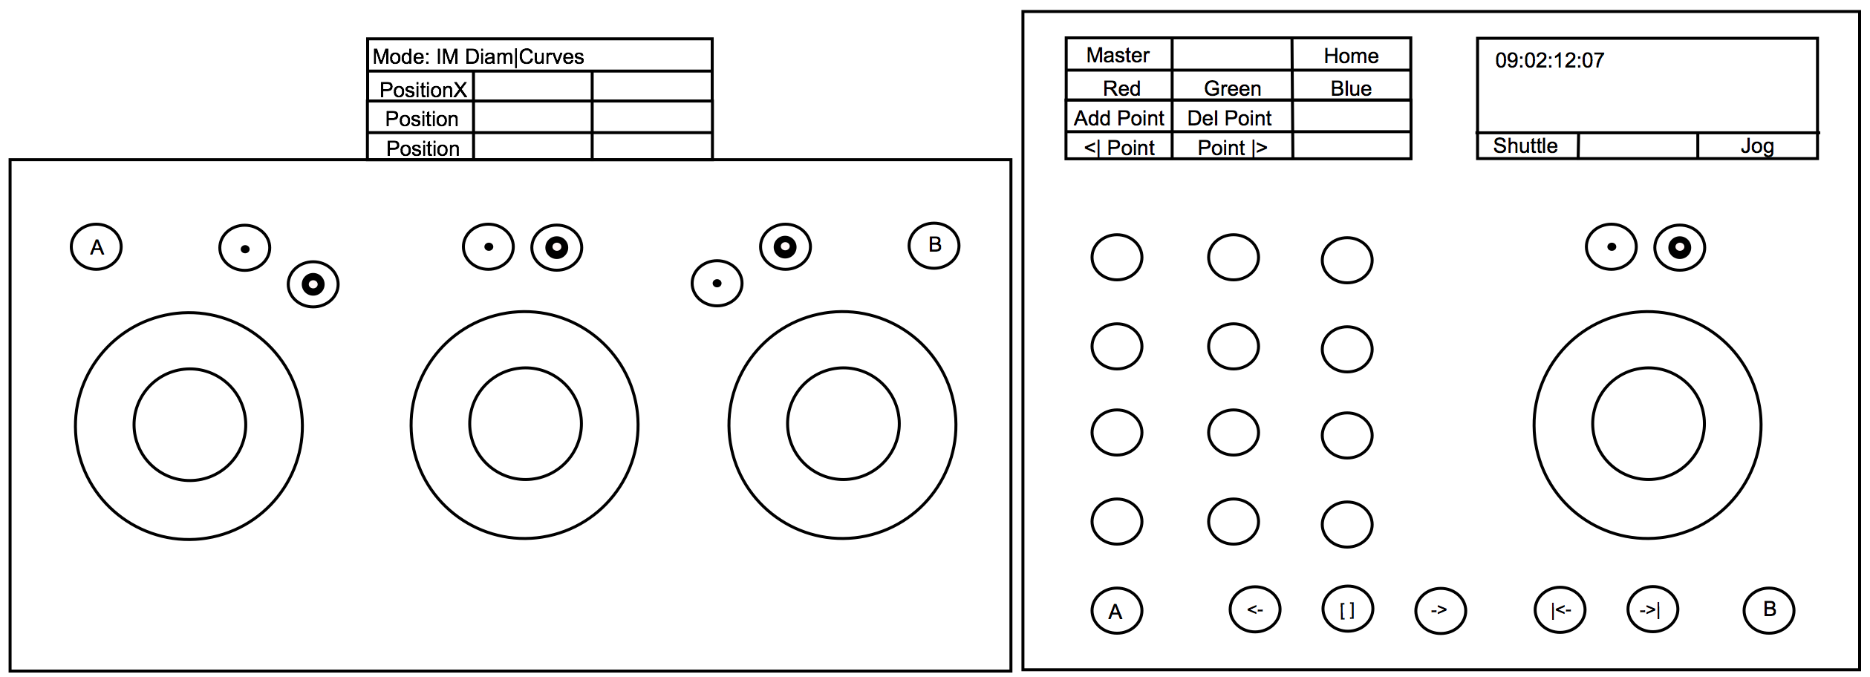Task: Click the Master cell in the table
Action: [1118, 55]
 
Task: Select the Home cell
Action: [1351, 55]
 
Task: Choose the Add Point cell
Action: [1118, 117]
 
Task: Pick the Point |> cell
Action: [1232, 147]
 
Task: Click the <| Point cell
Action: [1118, 147]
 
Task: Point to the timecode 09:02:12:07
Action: [1549, 60]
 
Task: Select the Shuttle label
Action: [1525, 145]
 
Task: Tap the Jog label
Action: [1757, 146]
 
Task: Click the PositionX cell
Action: [423, 89]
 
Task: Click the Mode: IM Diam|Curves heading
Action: [478, 56]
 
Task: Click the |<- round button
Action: [1560, 609]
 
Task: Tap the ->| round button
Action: [1652, 609]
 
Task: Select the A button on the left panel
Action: [97, 247]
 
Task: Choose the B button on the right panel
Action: [1769, 609]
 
